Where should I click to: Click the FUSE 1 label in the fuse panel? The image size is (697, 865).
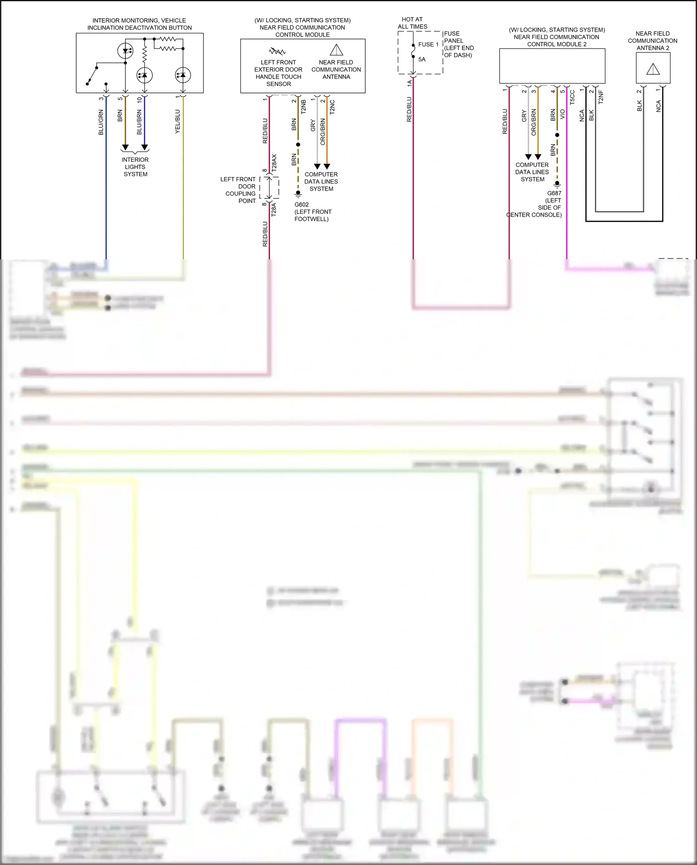click(x=428, y=45)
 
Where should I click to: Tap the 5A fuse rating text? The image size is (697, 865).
click(x=422, y=59)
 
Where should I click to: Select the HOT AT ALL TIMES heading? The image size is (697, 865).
click(x=412, y=23)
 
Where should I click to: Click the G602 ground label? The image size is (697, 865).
click(x=302, y=205)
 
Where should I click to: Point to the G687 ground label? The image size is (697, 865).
click(x=554, y=193)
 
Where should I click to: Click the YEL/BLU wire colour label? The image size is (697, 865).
click(x=178, y=122)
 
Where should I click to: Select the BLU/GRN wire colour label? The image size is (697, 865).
click(x=101, y=123)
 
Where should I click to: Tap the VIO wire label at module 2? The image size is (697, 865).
click(x=562, y=114)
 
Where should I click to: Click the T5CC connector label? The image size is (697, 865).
click(x=572, y=97)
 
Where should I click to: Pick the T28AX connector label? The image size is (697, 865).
click(x=274, y=163)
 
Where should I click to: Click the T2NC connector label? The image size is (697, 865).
click(x=332, y=107)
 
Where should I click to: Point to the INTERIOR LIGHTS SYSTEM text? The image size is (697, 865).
click(x=135, y=167)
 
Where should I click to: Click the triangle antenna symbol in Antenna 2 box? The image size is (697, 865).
click(x=653, y=69)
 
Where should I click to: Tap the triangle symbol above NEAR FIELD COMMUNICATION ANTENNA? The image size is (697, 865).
click(x=336, y=50)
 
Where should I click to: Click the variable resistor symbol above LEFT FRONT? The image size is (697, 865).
click(x=277, y=51)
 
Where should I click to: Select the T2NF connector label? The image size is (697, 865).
click(x=600, y=97)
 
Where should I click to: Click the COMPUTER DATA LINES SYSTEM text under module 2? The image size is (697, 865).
click(x=532, y=172)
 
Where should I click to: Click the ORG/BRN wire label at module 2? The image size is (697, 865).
click(x=533, y=122)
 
